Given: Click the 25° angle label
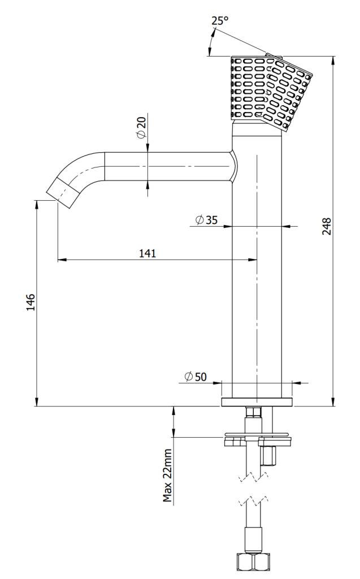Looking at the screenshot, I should click(x=220, y=21).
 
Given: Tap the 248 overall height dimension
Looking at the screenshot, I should click(x=327, y=226).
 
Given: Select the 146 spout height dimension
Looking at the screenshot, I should click(x=31, y=303).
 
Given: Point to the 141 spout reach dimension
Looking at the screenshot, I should click(x=148, y=253).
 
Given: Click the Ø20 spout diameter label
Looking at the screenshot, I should click(x=141, y=129).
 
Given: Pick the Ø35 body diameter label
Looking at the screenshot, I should click(x=206, y=220).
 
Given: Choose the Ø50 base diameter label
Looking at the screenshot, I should click(x=196, y=377).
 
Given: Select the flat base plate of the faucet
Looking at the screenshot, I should click(x=257, y=402).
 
